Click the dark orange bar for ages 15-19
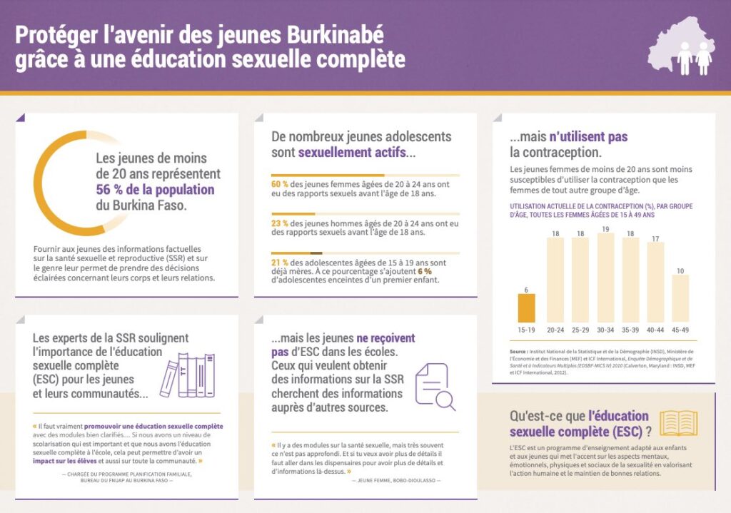526,308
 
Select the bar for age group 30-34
605,278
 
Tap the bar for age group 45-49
680,298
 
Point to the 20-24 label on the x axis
555,330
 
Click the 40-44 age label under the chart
655,330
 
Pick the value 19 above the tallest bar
605,229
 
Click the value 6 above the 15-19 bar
526,289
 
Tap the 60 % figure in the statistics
280,184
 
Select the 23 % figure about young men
280,223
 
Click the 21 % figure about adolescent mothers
280,262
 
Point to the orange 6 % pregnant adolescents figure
425,271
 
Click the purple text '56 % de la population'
155,190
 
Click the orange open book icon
679,422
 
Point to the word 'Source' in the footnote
518,352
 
